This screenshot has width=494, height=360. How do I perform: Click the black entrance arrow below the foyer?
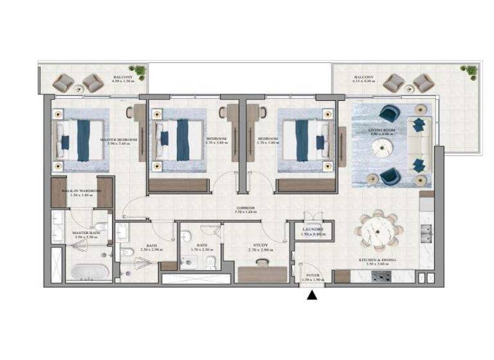coord(313,296)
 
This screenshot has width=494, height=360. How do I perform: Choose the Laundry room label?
coord(313,231)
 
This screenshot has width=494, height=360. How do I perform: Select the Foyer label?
coord(313,276)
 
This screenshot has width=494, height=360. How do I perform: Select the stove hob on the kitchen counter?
coord(383,276)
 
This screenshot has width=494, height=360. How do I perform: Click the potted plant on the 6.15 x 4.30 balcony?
coord(470,70)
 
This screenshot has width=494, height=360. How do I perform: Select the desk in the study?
coord(258,274)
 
